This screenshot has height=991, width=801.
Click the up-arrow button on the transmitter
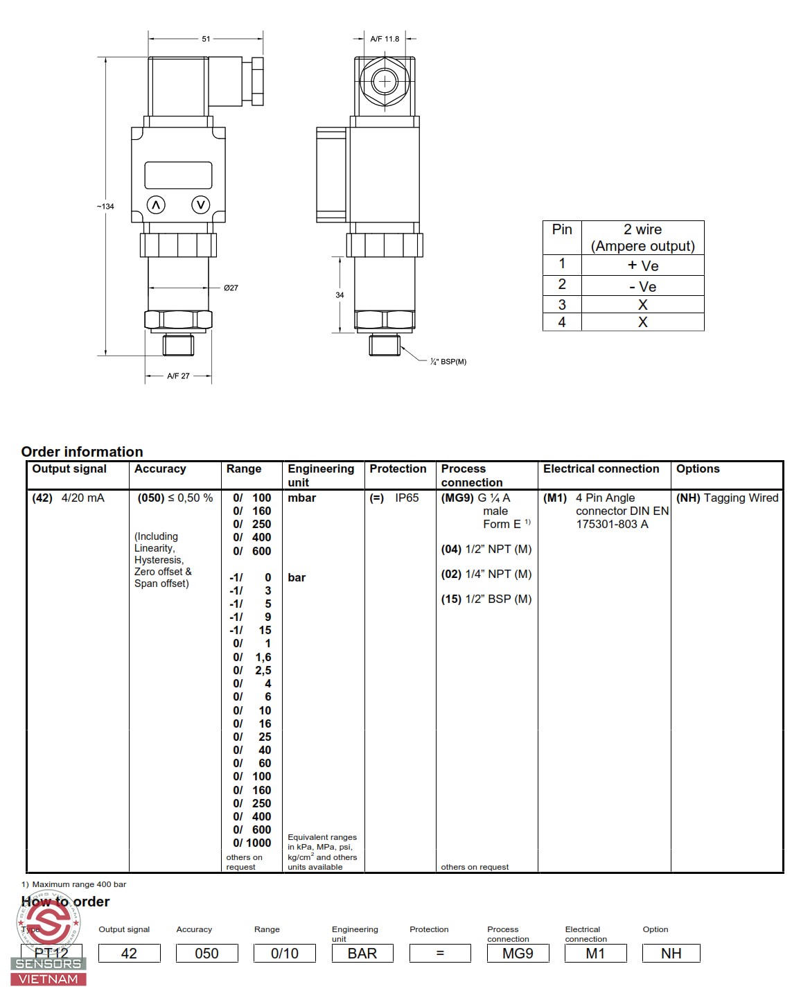[156, 205]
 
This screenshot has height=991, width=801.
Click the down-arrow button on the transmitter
[201, 204]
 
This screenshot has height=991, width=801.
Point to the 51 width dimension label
[206, 39]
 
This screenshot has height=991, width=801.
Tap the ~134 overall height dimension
[105, 207]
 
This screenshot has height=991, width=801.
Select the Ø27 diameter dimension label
[231, 288]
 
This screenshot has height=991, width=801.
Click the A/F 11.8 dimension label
[385, 39]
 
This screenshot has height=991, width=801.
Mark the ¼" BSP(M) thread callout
[448, 362]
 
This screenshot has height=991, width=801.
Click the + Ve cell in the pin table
[642, 265]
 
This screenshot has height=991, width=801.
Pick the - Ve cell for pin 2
[642, 286]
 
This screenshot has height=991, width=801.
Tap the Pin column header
[562, 230]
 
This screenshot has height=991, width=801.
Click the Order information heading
[82, 452]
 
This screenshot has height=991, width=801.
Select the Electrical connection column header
[601, 469]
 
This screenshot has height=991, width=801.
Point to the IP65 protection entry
[407, 498]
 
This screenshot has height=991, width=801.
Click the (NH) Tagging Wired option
[727, 498]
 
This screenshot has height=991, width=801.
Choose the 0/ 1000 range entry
[252, 843]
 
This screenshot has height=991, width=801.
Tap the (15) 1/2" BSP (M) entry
[486, 599]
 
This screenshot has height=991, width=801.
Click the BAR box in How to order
[362, 954]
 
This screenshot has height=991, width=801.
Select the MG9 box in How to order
[518, 954]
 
